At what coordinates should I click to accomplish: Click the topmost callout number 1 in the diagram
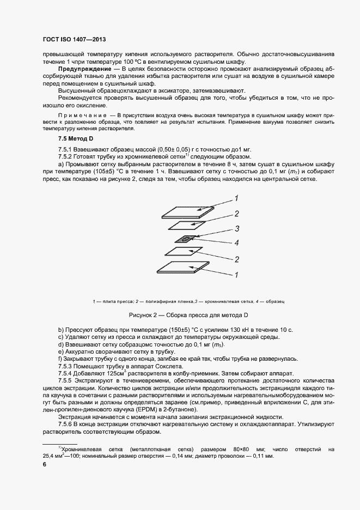(x=237, y=198)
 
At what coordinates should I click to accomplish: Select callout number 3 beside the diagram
(x=237, y=228)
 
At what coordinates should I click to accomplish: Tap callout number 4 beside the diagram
(x=237, y=242)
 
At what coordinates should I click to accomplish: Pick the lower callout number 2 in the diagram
(x=237, y=259)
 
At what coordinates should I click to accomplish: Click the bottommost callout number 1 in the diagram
(x=237, y=275)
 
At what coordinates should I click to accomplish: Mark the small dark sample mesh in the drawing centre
(x=186, y=239)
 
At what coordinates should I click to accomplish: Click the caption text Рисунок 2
(x=143, y=315)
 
